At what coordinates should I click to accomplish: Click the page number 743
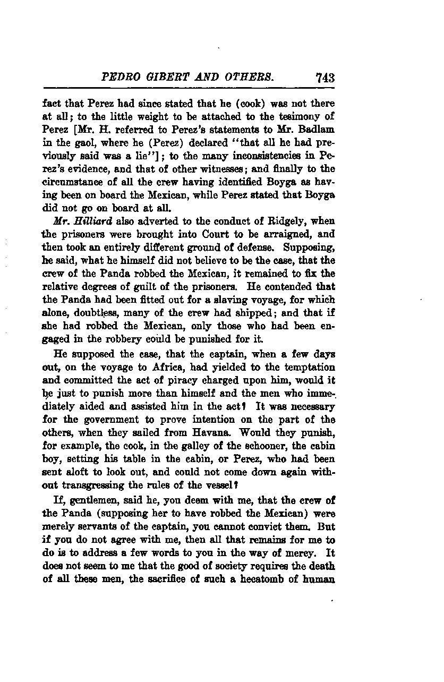pyautogui.click(x=323, y=78)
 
